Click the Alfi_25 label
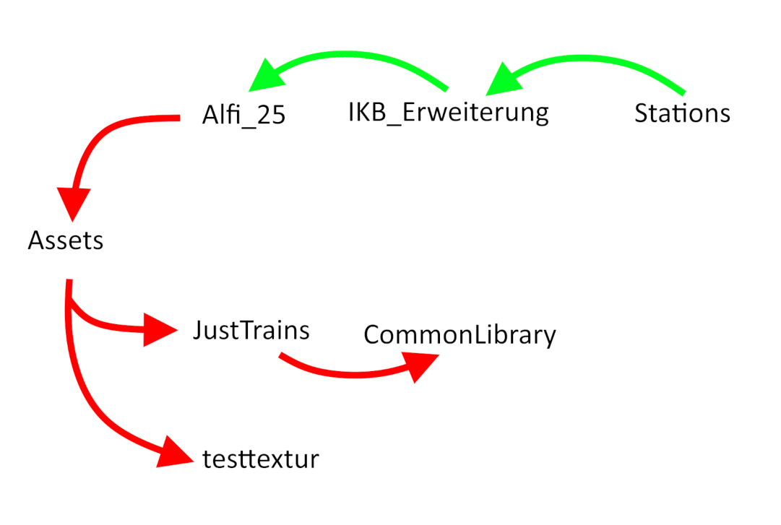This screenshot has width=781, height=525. [x=243, y=116]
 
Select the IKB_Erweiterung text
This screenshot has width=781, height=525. [x=448, y=113]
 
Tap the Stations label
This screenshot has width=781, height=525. [x=682, y=113]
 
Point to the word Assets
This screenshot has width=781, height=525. [x=65, y=240]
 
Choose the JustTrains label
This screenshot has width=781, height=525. [x=251, y=331]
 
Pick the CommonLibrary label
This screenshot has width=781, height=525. [x=459, y=335]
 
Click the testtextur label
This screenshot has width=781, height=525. [x=261, y=459]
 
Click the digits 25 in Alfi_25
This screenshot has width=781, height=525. [x=272, y=116]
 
